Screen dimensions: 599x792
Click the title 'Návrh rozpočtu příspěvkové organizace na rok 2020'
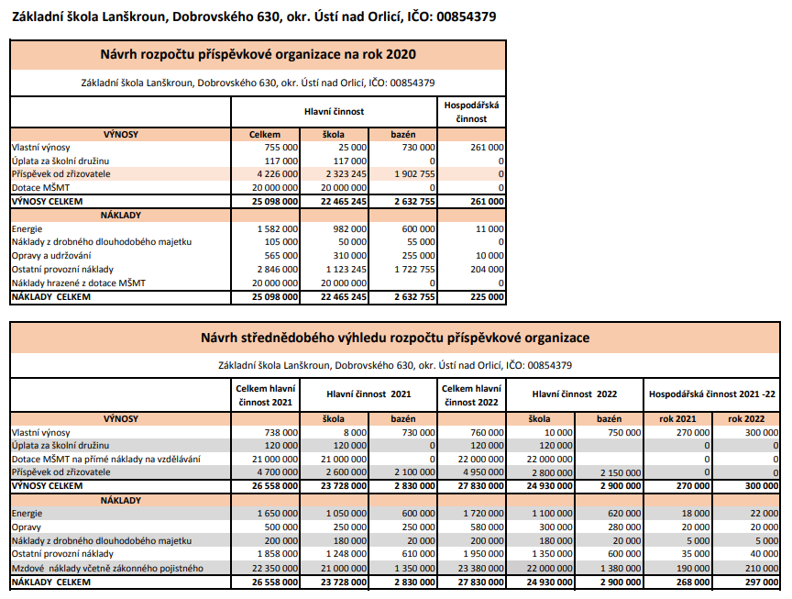point(258,54)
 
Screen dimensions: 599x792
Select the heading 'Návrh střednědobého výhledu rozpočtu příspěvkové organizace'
point(395,338)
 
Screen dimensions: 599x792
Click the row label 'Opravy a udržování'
point(52,255)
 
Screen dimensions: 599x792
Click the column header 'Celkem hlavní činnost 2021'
point(265,394)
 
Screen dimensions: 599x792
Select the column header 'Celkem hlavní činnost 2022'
point(471,394)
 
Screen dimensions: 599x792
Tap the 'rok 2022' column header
point(746,418)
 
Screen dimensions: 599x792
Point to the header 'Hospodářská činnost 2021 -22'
point(712,394)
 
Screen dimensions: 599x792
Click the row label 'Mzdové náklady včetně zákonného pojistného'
point(107,568)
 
